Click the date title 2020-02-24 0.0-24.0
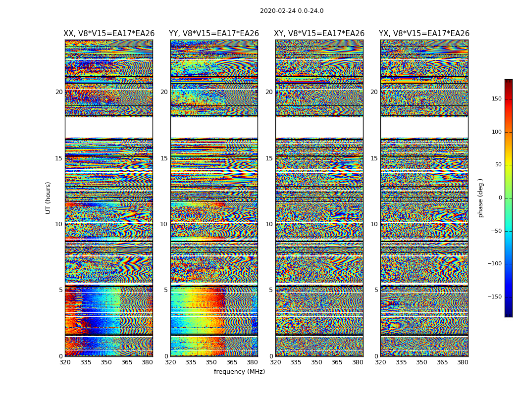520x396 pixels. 292,11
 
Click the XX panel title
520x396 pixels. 109,34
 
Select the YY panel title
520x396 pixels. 214,34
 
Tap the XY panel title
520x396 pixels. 319,34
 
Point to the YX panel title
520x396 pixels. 424,34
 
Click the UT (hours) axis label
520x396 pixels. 49,198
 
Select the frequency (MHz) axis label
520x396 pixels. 239,372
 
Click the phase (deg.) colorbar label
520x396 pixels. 480,198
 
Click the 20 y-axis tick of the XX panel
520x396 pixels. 59,92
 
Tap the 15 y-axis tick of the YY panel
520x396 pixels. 164,158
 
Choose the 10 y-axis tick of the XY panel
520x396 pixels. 269,224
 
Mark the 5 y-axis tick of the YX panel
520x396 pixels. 376,290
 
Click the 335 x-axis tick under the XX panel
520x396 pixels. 86,362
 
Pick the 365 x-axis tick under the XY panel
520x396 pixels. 337,362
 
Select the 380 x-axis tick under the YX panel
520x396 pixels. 463,362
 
